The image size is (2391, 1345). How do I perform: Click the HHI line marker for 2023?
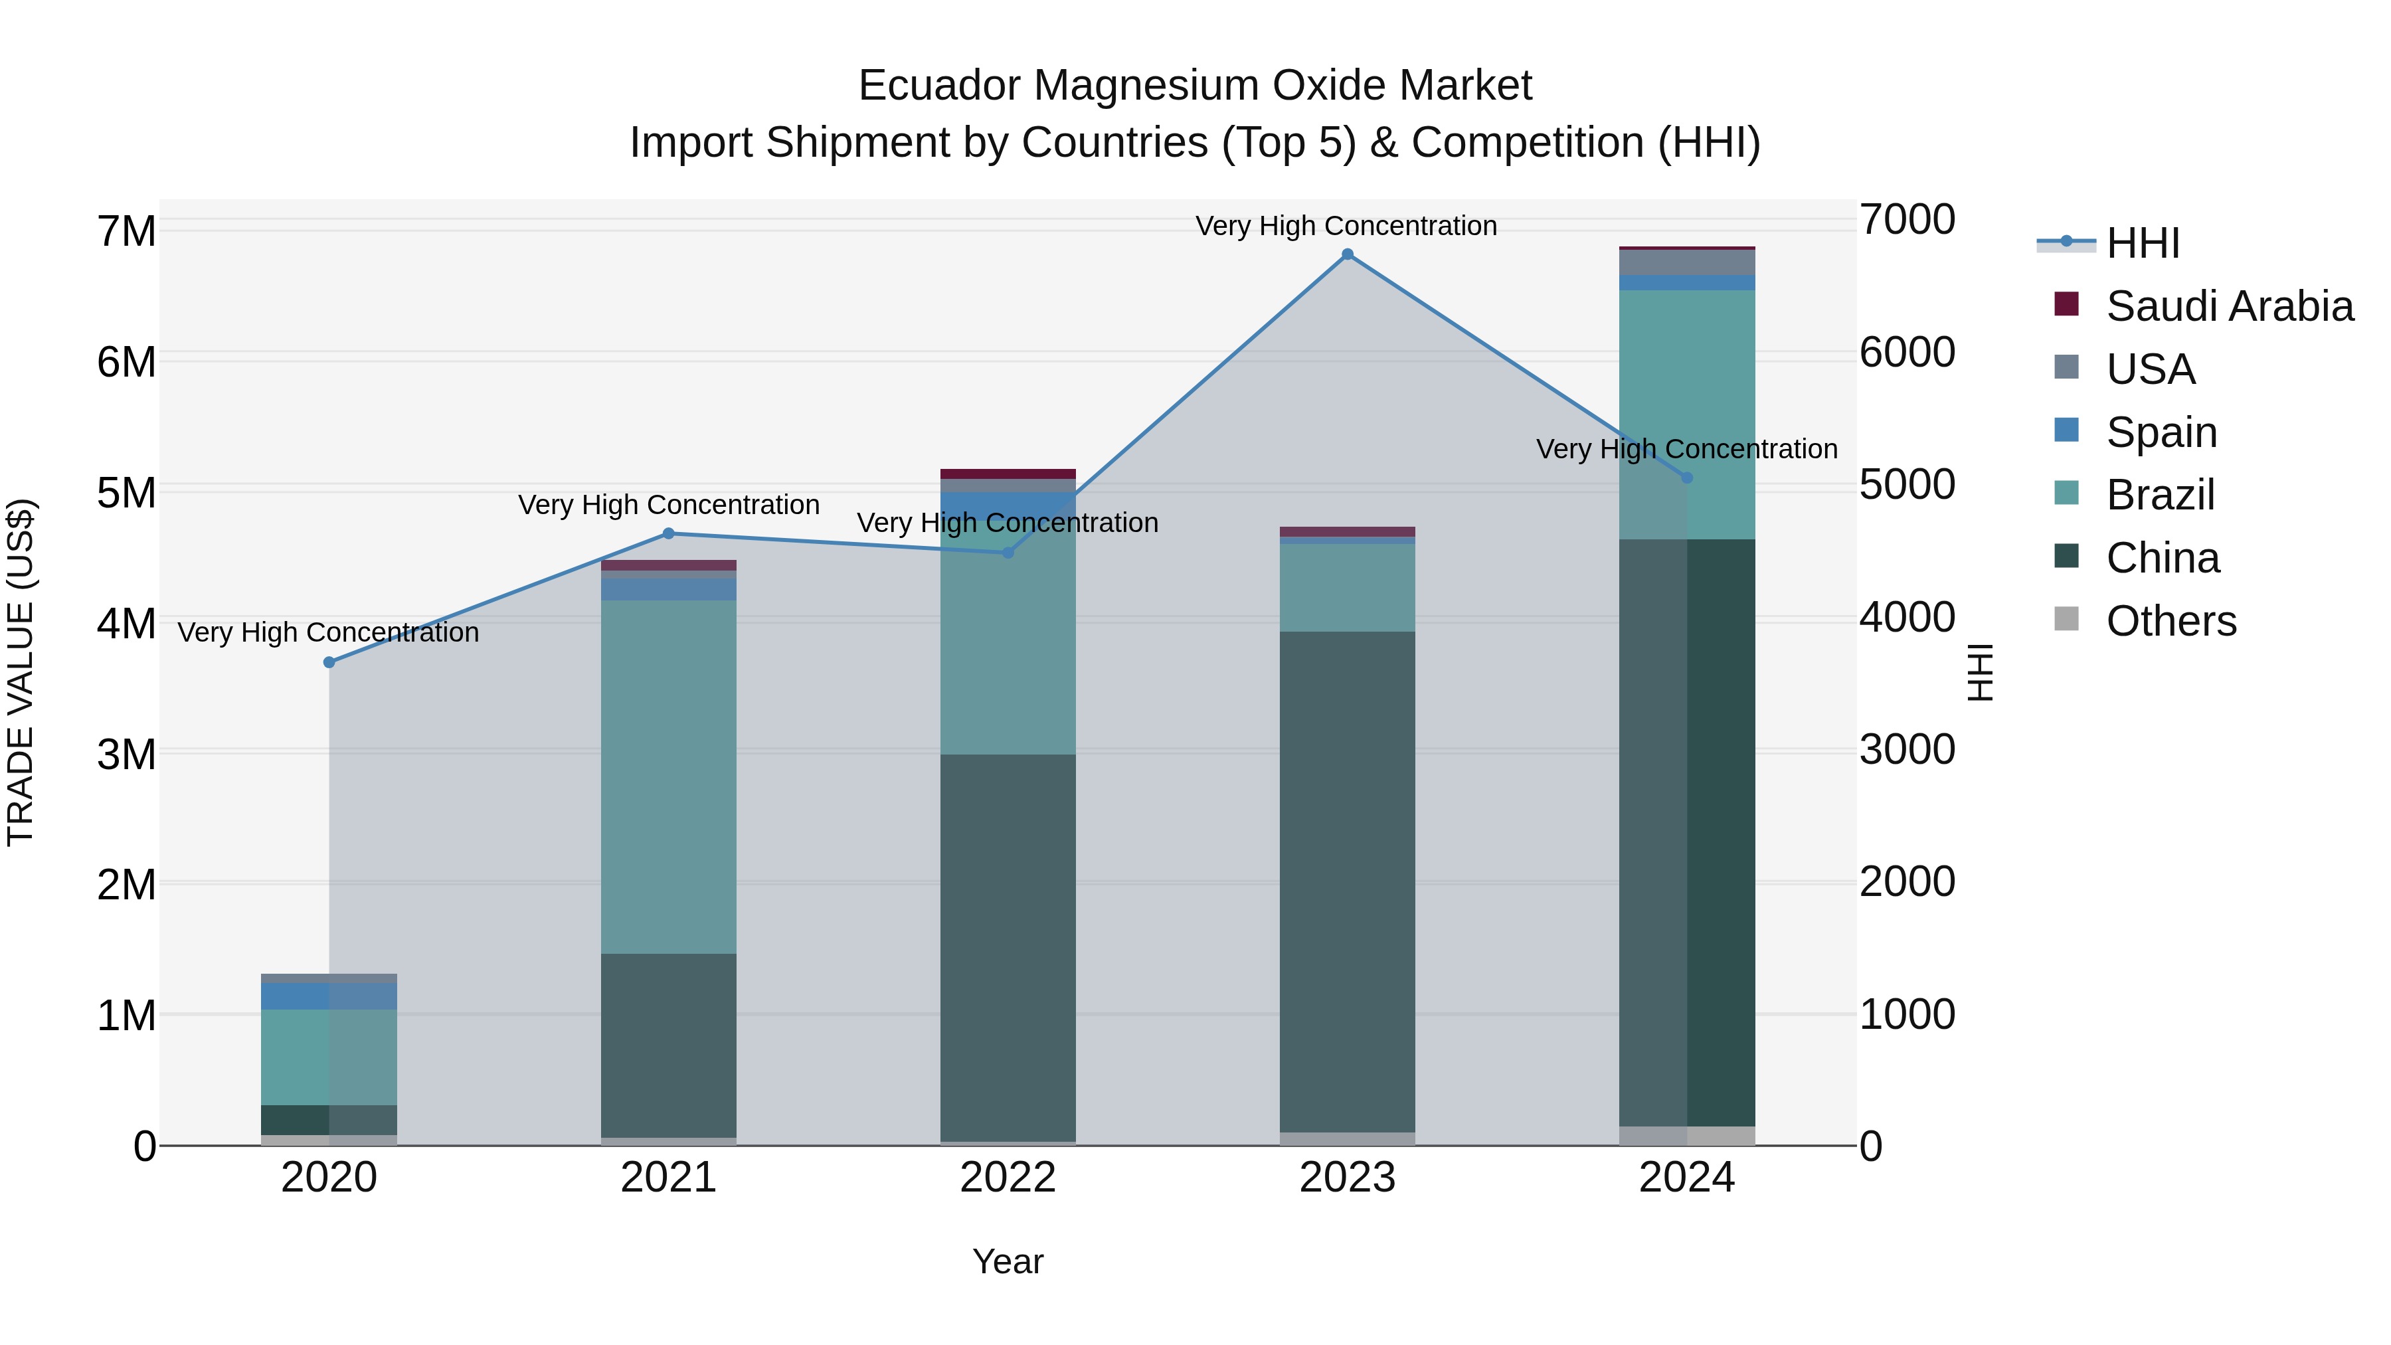tap(1348, 254)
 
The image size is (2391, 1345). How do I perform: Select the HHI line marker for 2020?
tap(329, 662)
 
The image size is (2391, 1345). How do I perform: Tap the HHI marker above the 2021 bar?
tap(668, 534)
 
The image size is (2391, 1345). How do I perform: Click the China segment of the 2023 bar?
tap(1348, 882)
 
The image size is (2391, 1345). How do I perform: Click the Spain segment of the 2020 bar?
tap(329, 996)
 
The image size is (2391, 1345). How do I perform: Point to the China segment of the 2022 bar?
tap(1008, 946)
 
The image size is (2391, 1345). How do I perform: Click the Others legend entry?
tap(2171, 621)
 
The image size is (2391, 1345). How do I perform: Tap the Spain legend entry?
tap(2162, 432)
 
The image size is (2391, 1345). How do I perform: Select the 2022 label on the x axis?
tap(1008, 1178)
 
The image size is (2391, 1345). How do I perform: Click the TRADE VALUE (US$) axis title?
tap(21, 672)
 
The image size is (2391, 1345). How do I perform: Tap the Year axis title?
tap(1008, 1261)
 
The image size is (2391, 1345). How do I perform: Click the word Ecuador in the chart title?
tap(939, 86)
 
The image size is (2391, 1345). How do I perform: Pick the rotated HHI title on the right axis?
tap(1980, 672)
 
